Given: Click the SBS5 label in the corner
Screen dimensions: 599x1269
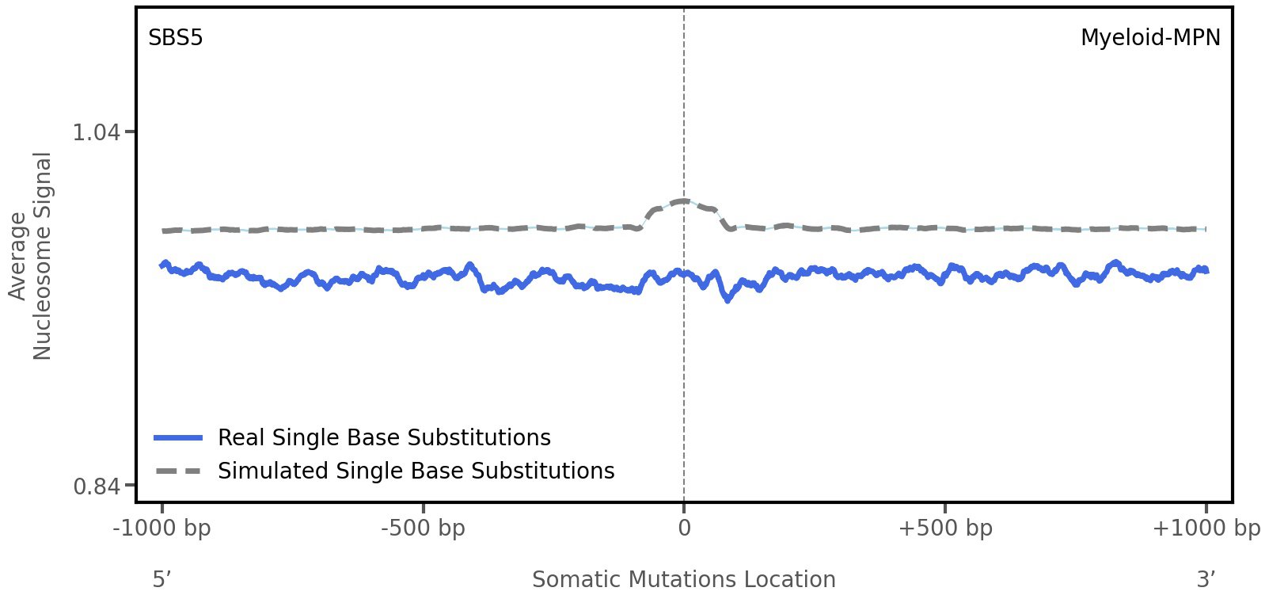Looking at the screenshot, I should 176,37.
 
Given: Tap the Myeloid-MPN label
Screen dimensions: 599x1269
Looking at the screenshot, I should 1149,37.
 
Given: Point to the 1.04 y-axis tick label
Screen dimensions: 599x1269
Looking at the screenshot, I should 96,132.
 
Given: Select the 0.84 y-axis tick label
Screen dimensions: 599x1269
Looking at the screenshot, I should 96,485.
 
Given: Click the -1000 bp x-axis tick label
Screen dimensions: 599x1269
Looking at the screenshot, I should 162,528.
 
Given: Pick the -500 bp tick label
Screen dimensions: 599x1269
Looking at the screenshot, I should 423,528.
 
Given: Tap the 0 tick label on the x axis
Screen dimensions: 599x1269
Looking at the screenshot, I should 684,528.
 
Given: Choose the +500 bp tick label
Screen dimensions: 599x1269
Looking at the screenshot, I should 945,528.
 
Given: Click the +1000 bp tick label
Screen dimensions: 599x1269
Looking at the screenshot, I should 1206,528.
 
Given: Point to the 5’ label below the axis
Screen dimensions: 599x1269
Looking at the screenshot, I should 162,579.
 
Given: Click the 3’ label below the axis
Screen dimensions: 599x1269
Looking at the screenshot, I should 1206,579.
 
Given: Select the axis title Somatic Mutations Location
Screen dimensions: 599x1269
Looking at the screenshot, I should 683,579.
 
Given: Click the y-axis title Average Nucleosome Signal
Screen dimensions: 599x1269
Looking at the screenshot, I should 31,256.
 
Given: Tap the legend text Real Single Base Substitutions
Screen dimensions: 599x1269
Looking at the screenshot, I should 384,437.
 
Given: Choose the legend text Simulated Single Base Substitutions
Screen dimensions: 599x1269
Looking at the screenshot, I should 416,471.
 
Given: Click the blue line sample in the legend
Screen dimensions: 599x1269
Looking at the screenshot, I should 179,437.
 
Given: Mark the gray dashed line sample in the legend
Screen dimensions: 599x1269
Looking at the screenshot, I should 179,471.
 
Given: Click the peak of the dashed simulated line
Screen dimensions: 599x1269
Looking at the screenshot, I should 682,200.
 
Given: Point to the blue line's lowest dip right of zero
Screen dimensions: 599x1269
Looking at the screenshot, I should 728,299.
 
